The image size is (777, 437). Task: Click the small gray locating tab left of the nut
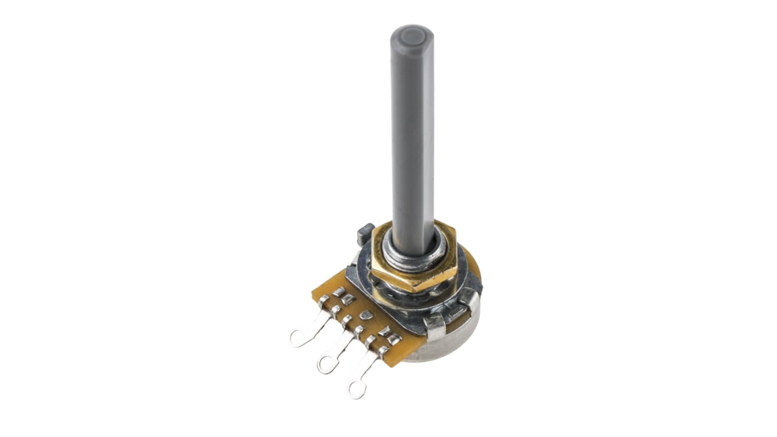[366, 234]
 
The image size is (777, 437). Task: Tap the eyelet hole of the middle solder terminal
[326, 365]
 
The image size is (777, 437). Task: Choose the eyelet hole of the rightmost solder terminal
[357, 389]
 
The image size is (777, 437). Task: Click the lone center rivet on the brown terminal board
[367, 315]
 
